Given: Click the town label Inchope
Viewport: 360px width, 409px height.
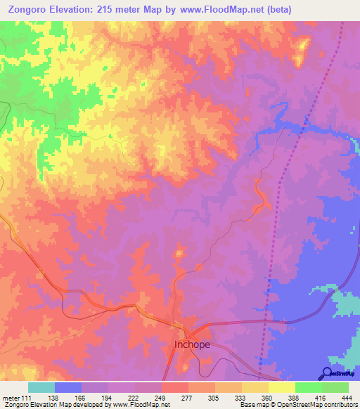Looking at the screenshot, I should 192,345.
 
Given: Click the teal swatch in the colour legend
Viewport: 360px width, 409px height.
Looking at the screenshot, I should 41,387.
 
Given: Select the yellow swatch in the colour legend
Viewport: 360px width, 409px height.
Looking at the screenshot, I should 281,387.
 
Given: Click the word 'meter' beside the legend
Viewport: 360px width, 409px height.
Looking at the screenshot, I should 12,398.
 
